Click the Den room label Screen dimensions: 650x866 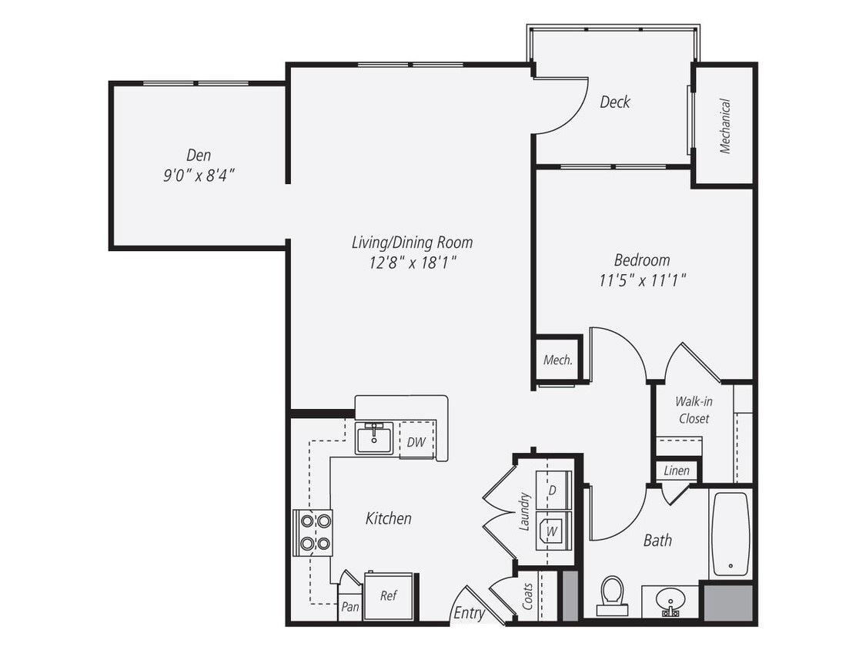tap(198, 155)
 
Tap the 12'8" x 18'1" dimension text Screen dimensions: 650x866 tap(413, 262)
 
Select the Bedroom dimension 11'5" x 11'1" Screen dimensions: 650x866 tap(642, 281)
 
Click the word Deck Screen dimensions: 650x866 tap(615, 102)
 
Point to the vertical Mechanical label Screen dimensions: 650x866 tap(724, 126)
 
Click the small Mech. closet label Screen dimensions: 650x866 tap(557, 360)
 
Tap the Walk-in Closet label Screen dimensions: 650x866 tap(693, 410)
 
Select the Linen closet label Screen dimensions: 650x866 tap(677, 471)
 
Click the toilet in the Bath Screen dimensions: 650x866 tap(613, 595)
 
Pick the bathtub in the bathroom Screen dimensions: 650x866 tap(729, 534)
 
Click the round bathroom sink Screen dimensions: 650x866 tap(670, 599)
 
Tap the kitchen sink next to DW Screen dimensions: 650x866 tap(375, 439)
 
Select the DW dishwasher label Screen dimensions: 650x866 tap(416, 442)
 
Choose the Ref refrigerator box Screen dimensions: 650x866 tap(389, 595)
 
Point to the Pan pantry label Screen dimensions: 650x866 tap(350, 606)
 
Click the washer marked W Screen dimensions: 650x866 tap(552, 531)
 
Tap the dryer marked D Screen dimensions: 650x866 tap(551, 490)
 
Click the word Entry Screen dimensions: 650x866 tap(469, 613)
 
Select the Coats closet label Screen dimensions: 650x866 tap(528, 596)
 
